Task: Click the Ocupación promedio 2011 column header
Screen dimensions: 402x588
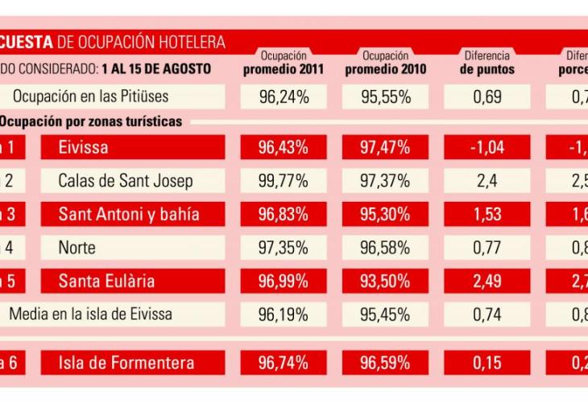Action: pos(284,63)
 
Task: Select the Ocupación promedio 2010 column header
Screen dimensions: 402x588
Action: pos(385,63)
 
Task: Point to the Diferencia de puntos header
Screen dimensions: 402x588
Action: pos(487,63)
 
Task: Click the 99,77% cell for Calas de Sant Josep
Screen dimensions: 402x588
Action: pos(284,181)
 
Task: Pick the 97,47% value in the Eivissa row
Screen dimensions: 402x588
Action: pos(385,147)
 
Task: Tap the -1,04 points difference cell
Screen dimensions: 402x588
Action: pos(487,147)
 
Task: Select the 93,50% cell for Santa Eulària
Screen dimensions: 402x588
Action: pos(385,281)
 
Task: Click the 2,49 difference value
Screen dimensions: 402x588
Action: pos(487,281)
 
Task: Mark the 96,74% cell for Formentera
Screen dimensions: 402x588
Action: pos(284,363)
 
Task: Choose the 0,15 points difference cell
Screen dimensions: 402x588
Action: pos(487,363)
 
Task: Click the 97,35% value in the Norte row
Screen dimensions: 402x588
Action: pos(284,248)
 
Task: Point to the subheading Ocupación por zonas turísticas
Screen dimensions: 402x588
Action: pos(90,122)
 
